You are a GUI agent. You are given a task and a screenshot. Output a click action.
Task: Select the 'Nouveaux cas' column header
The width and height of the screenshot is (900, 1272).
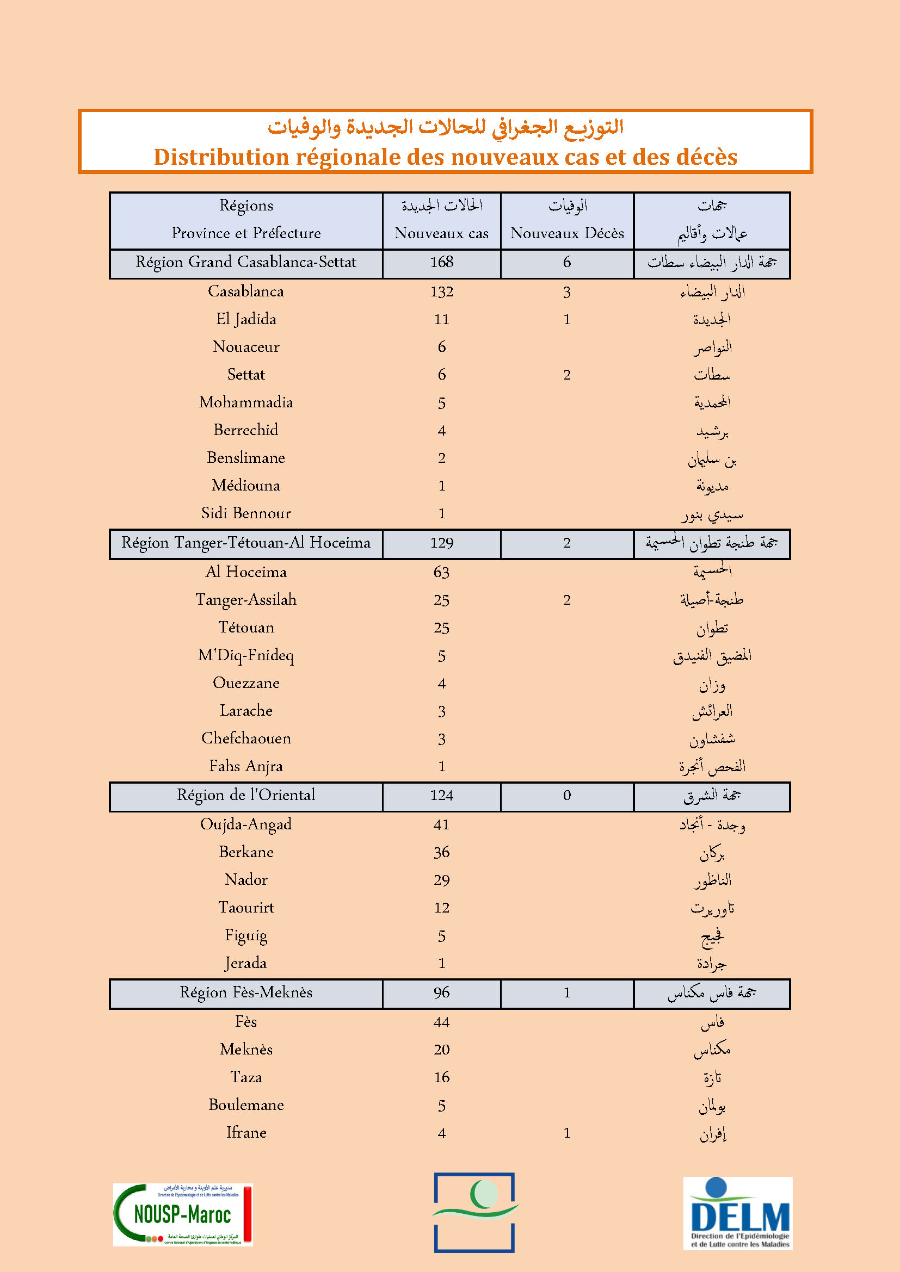point(441,233)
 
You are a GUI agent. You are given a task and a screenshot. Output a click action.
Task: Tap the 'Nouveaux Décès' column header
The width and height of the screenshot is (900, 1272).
point(567,233)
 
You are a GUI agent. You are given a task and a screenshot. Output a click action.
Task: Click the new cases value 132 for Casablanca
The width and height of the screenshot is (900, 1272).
point(441,292)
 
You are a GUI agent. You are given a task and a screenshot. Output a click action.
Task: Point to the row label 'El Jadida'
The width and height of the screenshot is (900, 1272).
point(246,319)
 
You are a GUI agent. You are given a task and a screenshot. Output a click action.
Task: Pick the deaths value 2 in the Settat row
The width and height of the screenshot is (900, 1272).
point(567,375)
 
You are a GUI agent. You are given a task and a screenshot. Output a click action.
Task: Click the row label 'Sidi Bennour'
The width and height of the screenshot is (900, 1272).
point(246,513)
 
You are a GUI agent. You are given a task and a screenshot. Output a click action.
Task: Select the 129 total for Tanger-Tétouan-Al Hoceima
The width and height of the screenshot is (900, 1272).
point(441,543)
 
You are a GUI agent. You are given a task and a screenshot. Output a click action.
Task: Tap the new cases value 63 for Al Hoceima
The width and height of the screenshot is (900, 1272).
point(441,572)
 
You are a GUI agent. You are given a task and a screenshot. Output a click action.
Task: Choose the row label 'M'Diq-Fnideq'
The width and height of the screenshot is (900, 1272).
point(246,655)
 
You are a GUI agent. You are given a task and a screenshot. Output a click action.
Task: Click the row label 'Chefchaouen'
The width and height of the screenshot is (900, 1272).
point(246,739)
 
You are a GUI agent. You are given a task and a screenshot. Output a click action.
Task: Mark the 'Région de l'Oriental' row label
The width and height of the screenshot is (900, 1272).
point(246,795)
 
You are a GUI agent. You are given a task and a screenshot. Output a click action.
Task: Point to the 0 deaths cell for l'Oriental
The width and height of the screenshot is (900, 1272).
point(567,796)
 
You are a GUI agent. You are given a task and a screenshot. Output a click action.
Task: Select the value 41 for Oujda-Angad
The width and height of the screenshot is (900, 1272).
point(441,825)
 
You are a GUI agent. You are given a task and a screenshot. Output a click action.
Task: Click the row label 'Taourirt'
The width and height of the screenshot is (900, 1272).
point(246,908)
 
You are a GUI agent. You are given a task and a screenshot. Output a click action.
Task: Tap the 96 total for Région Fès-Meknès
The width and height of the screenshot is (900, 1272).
point(441,993)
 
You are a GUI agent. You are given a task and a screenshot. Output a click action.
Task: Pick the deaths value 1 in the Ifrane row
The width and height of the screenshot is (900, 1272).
point(567,1133)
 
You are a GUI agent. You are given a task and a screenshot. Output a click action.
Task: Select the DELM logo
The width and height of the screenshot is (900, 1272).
point(738,1213)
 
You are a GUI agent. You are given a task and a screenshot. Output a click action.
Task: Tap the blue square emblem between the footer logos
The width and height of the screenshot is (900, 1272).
point(474,1212)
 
